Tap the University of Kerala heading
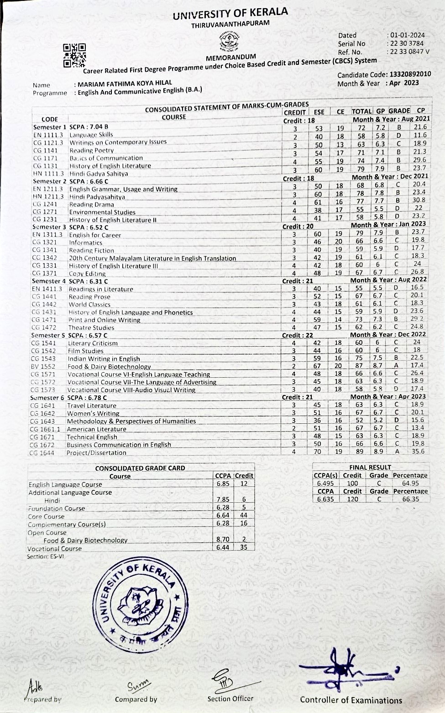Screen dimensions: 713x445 click(230, 14)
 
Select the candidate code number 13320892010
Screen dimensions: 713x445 click(410, 74)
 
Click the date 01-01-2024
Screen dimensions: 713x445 click(406, 35)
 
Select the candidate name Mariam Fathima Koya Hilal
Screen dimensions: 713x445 click(125, 83)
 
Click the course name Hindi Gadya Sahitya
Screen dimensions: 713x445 click(99, 173)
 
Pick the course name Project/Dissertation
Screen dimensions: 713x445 click(96, 453)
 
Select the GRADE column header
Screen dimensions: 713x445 click(399, 111)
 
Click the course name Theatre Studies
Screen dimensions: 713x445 click(91, 328)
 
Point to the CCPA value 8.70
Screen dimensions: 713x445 click(223, 540)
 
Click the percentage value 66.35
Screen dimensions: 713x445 click(410, 499)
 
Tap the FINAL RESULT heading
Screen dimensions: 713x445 click(370, 467)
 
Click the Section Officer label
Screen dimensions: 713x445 click(230, 698)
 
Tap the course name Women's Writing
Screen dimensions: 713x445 click(93, 413)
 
